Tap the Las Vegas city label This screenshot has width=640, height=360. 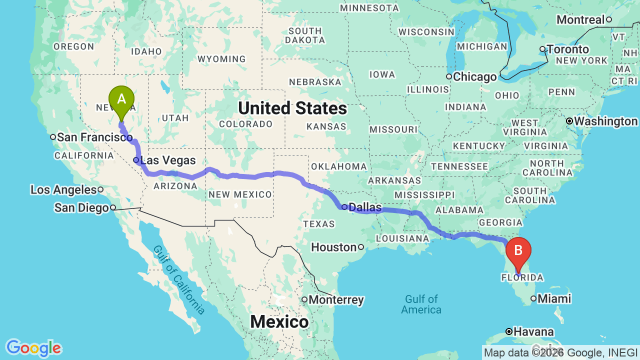168,160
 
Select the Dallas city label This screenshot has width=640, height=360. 364,207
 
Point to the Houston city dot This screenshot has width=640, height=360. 360,247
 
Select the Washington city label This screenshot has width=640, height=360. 606,121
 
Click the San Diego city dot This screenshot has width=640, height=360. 113,207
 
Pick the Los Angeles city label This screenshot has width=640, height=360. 63,190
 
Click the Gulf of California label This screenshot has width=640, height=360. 179,279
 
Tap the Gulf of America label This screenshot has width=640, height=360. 421,304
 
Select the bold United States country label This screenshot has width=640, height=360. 292,108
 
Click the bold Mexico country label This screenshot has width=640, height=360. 279,321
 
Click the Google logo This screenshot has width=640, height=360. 33,348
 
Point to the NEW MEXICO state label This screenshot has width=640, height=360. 240,194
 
